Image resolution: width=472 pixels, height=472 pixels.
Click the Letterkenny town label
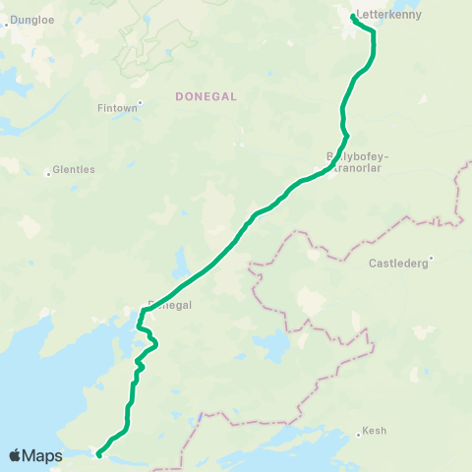[x=390, y=16]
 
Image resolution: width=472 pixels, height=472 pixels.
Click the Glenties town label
[x=75, y=169]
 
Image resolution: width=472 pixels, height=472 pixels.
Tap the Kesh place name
[x=375, y=431]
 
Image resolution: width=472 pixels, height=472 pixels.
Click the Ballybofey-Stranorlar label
[x=358, y=161]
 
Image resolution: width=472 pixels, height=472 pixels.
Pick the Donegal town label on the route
[x=168, y=305]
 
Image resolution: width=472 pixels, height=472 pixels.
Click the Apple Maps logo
[x=35, y=455]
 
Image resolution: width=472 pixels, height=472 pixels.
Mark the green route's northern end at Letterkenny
[x=353, y=17]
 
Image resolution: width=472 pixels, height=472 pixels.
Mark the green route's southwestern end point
[x=99, y=454]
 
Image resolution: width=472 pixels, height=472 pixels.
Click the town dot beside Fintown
[x=141, y=101]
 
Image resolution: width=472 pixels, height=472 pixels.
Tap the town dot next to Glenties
[x=48, y=175]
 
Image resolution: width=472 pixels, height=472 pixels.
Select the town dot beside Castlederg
[x=430, y=259]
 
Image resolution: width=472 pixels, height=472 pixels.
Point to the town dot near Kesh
[x=358, y=436]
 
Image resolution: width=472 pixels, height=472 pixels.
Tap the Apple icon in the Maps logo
[x=16, y=454]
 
